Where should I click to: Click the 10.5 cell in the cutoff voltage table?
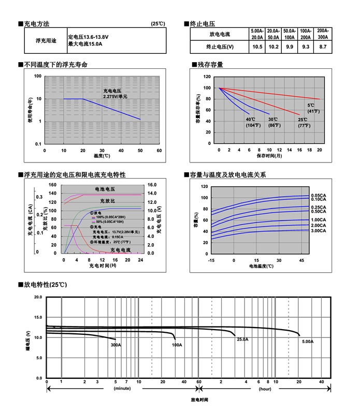pos(257,47)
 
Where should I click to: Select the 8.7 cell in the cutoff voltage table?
pos(323,47)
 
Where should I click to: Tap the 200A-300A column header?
pos(323,34)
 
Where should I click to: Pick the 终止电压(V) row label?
pos(220,47)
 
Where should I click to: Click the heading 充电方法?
pos(36,24)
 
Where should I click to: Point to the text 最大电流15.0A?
pos(85,44)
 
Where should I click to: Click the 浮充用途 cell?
pos(46,40)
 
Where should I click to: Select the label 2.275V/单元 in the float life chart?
pos(115,97)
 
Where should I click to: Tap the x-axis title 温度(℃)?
pos(102,155)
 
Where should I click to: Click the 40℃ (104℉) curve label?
pos(252,123)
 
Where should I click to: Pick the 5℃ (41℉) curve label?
pos(313,109)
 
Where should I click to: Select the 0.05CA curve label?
pos(318,195)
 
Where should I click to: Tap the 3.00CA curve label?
pos(318,230)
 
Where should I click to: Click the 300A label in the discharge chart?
pos(116,345)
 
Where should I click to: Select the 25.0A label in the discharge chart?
pos(242,339)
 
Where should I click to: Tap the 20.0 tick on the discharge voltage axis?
pos(38,298)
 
